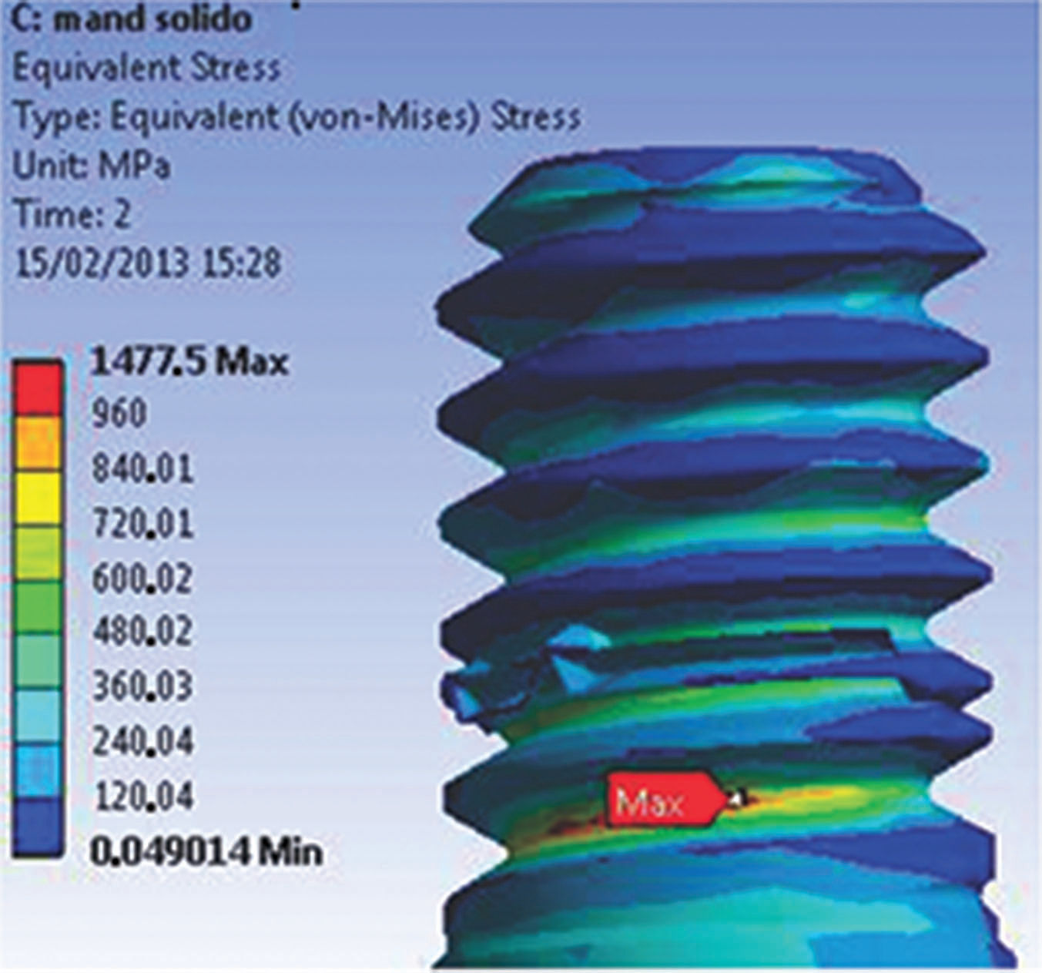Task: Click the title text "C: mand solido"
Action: tap(132, 21)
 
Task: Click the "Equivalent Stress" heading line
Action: tap(146, 69)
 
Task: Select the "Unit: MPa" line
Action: tap(92, 166)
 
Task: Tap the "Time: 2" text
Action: tap(74, 214)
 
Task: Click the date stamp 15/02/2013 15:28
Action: tap(149, 263)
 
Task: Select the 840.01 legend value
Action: tap(142, 468)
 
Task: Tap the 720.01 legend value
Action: tap(142, 523)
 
